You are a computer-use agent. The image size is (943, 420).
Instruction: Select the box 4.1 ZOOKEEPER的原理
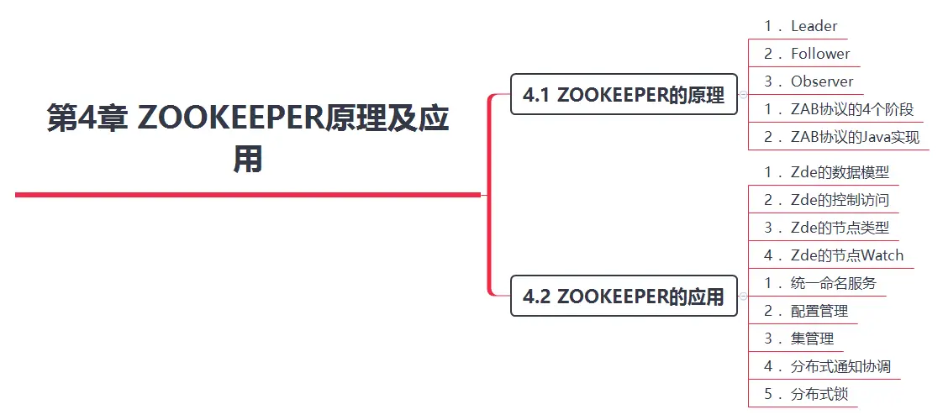[x=624, y=95]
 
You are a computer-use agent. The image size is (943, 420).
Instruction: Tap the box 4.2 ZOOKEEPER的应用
[x=624, y=296]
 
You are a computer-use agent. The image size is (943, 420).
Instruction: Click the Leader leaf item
[x=801, y=26]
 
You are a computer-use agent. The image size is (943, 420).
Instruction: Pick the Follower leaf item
[x=807, y=54]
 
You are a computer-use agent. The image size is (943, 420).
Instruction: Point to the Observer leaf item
[x=809, y=81]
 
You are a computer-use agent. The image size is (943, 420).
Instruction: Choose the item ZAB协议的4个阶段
[x=839, y=109]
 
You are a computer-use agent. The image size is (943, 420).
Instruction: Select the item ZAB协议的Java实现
[x=842, y=137]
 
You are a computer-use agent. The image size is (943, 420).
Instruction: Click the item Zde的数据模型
[x=826, y=172]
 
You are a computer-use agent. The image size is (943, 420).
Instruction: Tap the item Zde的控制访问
[x=826, y=200]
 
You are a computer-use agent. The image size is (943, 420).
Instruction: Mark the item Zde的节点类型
[x=826, y=228]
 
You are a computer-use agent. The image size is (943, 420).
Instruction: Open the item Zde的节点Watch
[x=834, y=255]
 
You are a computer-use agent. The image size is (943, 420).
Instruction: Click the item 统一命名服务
[x=820, y=283]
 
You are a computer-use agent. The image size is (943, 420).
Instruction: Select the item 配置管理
[x=806, y=311]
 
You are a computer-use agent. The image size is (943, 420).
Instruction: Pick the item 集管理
[x=799, y=339]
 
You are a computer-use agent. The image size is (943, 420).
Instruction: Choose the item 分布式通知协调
[x=827, y=366]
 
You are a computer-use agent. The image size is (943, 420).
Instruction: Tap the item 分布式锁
[x=806, y=394]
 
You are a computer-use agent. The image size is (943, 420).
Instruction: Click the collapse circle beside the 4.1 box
[x=743, y=95]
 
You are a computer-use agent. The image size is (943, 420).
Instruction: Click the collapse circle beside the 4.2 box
[x=743, y=296]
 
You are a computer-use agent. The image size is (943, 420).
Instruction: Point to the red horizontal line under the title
[x=248, y=195]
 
